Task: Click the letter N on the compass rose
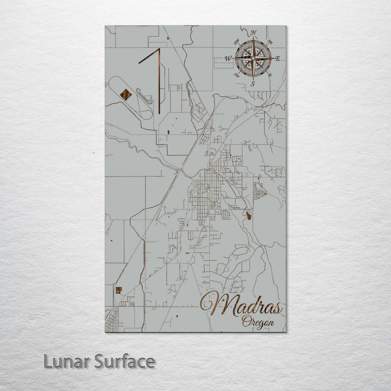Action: tap(253, 33)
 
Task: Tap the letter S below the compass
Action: tap(253, 84)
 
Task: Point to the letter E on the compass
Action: tap(278, 58)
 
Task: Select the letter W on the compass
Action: tap(228, 58)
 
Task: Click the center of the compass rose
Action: tap(253, 58)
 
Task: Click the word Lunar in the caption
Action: tap(65, 361)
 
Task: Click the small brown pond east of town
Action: tap(249, 216)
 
